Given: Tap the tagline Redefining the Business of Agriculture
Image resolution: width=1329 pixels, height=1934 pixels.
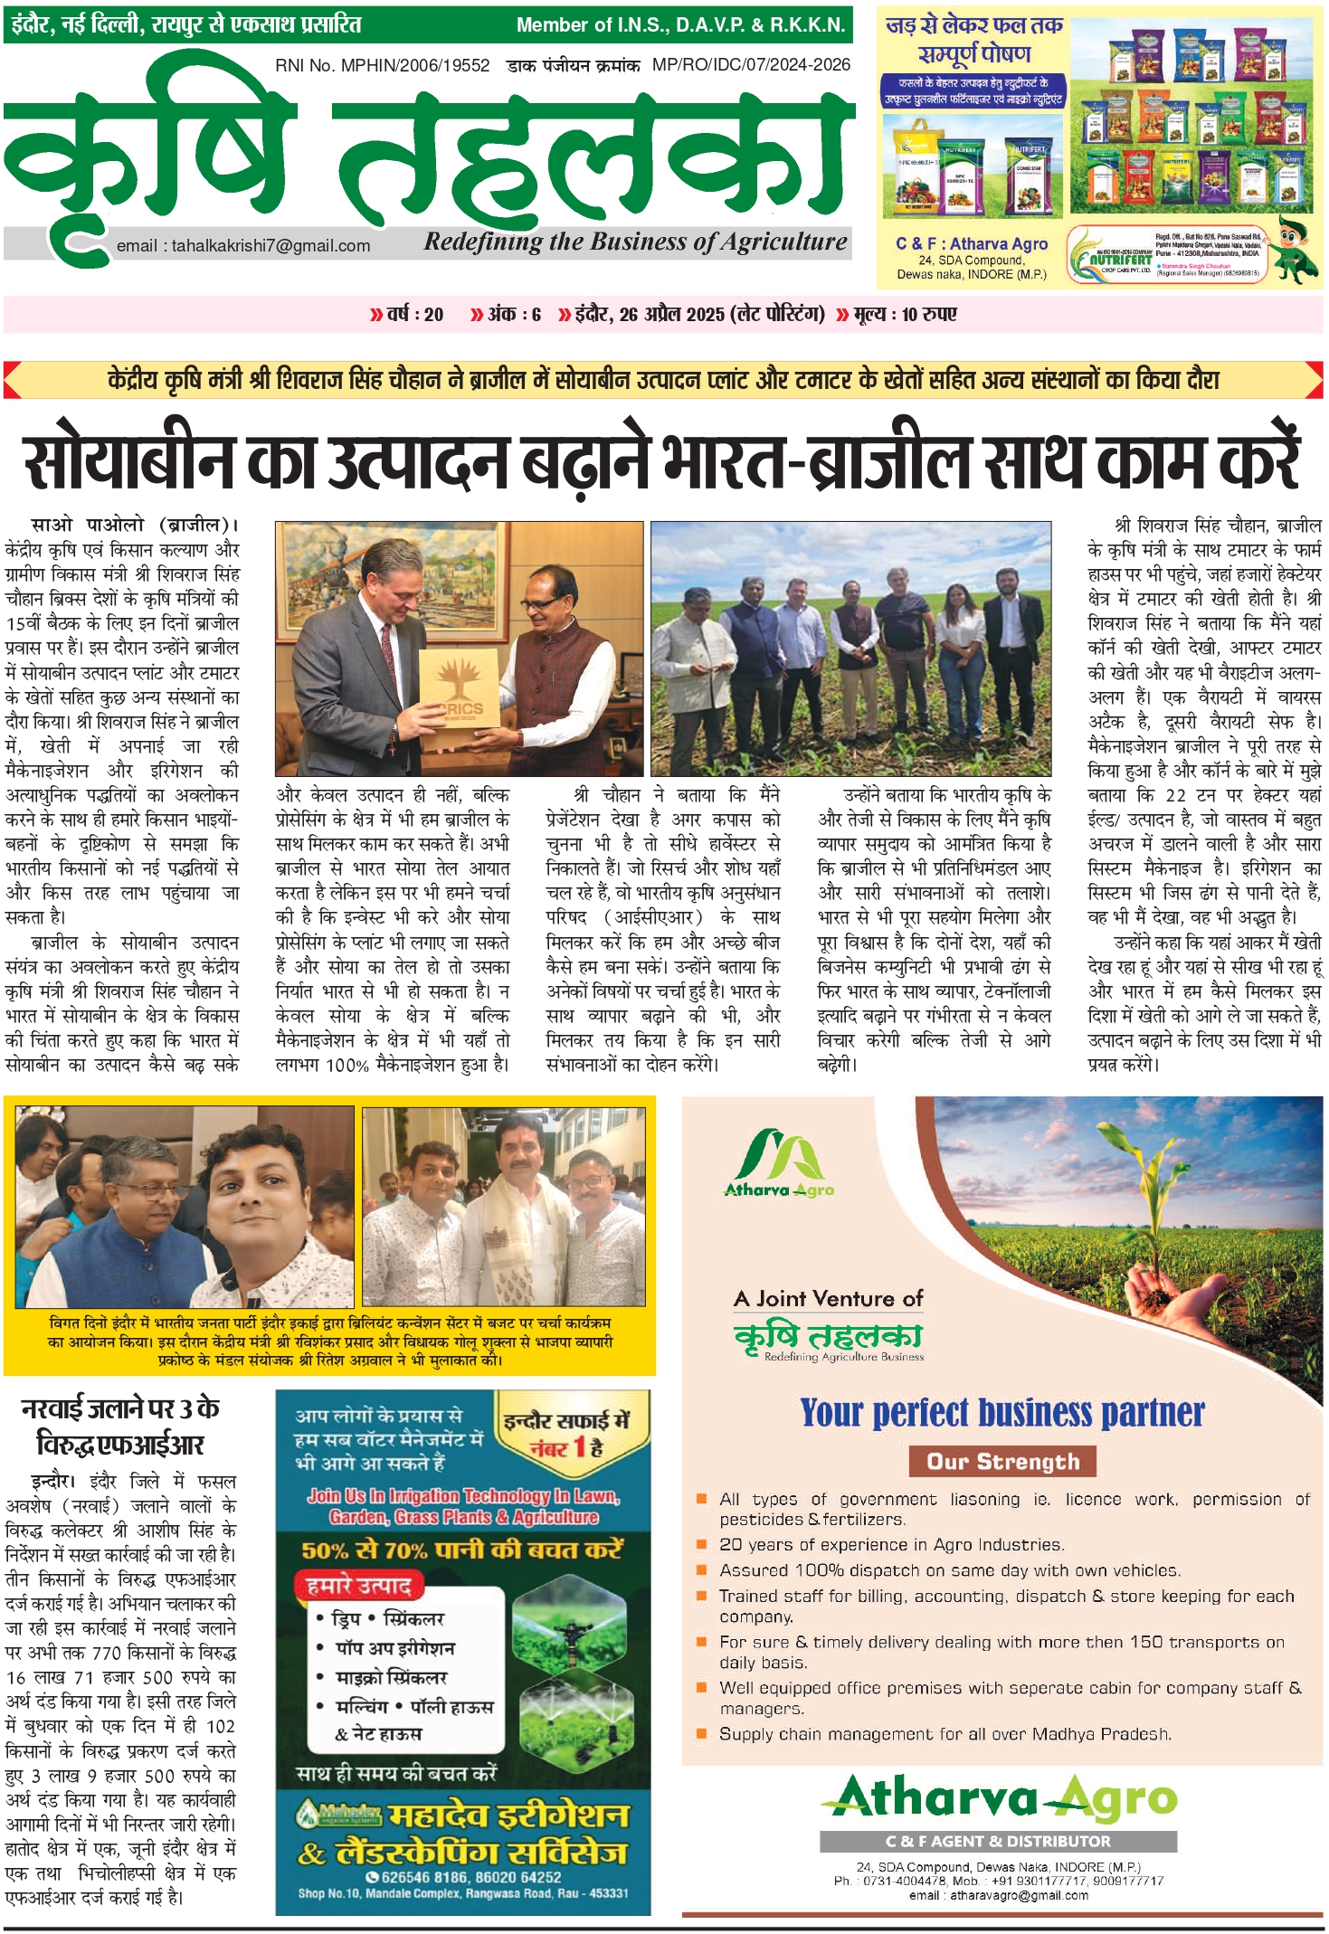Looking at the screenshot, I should [635, 242].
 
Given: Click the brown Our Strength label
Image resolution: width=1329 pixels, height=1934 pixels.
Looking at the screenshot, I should [1002, 1462].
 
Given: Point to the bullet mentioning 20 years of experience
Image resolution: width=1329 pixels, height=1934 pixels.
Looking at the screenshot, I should [891, 1545].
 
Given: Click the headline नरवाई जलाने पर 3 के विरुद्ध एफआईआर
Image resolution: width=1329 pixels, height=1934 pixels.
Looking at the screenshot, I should [121, 1427].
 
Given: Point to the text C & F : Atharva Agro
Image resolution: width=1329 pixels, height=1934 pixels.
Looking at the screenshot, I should [972, 243].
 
